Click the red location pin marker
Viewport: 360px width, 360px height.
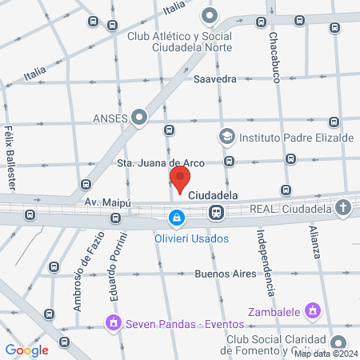pyautogui.click(x=180, y=179)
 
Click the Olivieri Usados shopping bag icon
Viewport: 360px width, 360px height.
pyautogui.click(x=175, y=216)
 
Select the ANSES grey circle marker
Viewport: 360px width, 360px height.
pyautogui.click(x=140, y=118)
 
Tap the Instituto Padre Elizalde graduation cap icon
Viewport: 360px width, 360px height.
pyautogui.click(x=227, y=137)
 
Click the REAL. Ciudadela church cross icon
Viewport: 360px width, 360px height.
pyautogui.click(x=342, y=210)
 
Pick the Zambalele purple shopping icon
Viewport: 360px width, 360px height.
pyautogui.click(x=313, y=310)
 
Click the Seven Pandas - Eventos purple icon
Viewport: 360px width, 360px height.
pyautogui.click(x=113, y=323)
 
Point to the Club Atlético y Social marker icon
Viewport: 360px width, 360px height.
pyautogui.click(x=210, y=15)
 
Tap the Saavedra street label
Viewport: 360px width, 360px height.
pyautogui.click(x=215, y=79)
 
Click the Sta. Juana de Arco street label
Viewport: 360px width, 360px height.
pyautogui.click(x=160, y=163)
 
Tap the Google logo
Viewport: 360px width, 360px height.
pyautogui.click(x=26, y=350)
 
